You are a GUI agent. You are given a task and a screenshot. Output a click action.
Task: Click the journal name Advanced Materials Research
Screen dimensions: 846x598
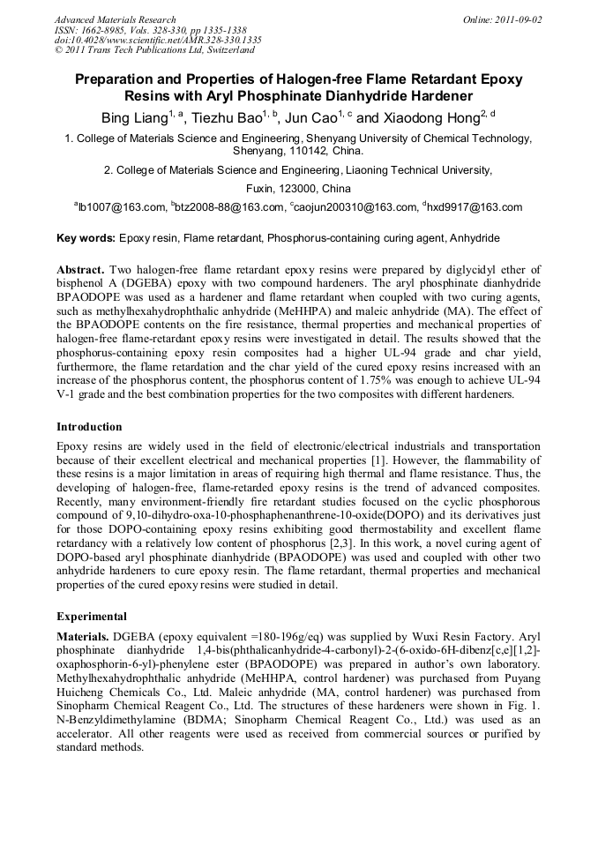point(115,19)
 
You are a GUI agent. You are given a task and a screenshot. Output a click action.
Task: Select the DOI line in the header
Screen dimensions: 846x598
point(158,41)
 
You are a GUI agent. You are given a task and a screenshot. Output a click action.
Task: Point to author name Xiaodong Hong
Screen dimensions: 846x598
point(435,116)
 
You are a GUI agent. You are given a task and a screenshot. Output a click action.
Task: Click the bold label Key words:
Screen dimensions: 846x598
point(86,239)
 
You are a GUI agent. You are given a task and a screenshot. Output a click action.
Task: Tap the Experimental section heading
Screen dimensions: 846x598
point(92,617)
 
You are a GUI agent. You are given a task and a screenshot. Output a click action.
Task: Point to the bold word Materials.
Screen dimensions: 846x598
point(82,636)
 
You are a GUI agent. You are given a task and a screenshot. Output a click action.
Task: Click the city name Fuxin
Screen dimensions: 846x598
point(257,189)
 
